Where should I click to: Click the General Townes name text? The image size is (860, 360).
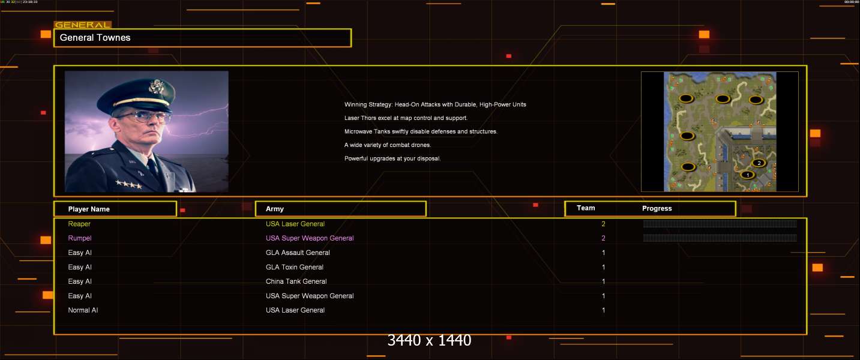coord(95,38)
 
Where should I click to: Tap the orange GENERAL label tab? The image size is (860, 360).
coord(83,25)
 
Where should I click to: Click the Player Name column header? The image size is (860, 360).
coord(89,209)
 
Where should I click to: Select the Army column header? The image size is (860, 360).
coord(274,209)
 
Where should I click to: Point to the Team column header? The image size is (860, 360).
coord(586,208)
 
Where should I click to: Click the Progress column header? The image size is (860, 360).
coord(657,208)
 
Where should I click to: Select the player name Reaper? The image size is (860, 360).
coord(79,224)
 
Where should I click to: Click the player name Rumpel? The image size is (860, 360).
coord(79,238)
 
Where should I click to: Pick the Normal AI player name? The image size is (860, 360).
coord(83,310)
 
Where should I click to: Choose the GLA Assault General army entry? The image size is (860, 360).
coord(298,253)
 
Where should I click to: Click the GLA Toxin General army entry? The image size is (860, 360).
coord(295,267)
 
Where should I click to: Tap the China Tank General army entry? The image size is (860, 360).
coord(296,281)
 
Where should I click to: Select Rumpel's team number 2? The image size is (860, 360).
coord(603,238)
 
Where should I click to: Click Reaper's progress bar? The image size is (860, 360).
coord(720,224)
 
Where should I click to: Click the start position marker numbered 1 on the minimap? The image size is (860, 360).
coord(747,175)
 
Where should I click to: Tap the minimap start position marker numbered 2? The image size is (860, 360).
coord(759,163)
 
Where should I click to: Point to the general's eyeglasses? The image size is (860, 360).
coord(143,116)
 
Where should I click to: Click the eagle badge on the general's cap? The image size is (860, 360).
coord(156,86)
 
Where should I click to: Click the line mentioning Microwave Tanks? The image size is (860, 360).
coord(421,131)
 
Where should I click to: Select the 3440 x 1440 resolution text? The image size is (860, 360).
coord(429,340)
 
